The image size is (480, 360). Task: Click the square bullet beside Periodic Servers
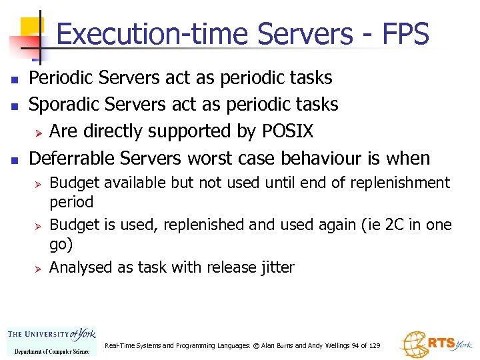pyautogui.click(x=15, y=79)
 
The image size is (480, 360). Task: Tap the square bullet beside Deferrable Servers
pyautogui.click(x=15, y=159)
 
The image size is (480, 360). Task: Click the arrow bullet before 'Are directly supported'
pyautogui.click(x=39, y=132)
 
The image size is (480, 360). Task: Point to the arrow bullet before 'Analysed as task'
pyautogui.click(x=39, y=268)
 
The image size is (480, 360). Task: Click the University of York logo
pyautogui.click(x=52, y=341)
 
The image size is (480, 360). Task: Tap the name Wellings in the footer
pyautogui.click(x=323, y=346)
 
